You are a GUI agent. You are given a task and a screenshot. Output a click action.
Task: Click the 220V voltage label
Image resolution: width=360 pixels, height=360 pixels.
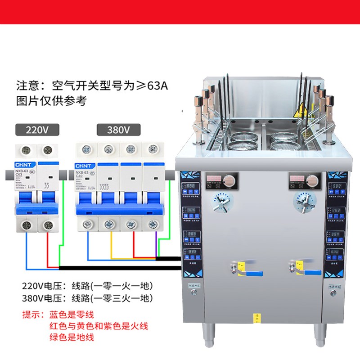[x=37, y=130]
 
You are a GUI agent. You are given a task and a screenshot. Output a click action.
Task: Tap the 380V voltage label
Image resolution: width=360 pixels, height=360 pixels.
[x=119, y=130]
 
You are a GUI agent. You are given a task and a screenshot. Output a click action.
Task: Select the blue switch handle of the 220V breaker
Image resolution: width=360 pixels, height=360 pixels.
[x=36, y=207]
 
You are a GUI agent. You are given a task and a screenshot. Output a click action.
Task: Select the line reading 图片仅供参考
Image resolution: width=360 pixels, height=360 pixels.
[x=51, y=100]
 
